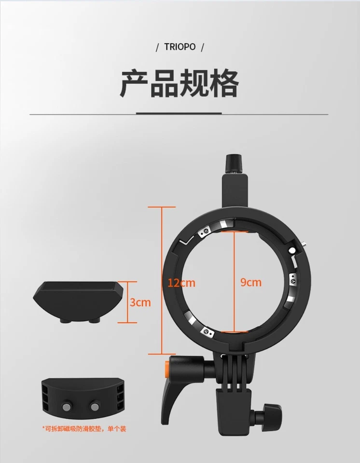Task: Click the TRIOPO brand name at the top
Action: click(180, 47)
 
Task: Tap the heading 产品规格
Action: click(180, 84)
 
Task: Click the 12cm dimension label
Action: click(181, 283)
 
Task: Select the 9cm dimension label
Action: click(250, 283)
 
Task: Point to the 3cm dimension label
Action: click(140, 303)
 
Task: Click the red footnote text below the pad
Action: click(83, 428)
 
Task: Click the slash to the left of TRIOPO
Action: click(157, 47)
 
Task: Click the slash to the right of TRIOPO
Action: click(202, 47)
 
